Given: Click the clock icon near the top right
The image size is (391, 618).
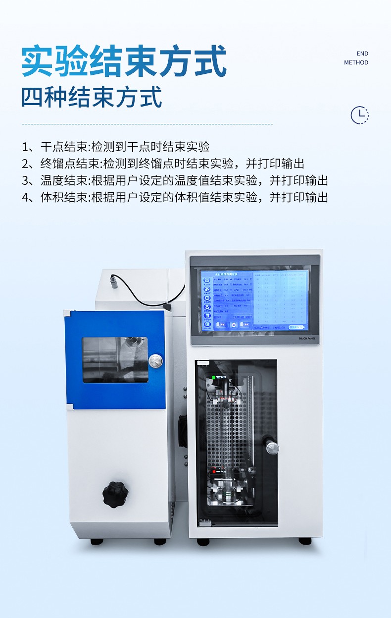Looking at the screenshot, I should tap(359, 115).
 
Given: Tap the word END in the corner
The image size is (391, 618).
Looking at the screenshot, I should tap(362, 54).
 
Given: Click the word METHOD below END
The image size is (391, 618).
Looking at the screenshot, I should tap(356, 62).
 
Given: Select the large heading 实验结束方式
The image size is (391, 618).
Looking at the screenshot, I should tap(124, 61).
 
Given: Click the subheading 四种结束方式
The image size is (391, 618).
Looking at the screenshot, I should tap(92, 97).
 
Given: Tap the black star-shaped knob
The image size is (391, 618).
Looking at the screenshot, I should tap(115, 494).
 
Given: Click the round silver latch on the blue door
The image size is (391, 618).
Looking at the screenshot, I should tap(155, 360).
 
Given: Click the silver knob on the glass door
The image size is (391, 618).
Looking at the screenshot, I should tap(272, 448).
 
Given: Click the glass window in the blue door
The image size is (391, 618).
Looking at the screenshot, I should tap(115, 359).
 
